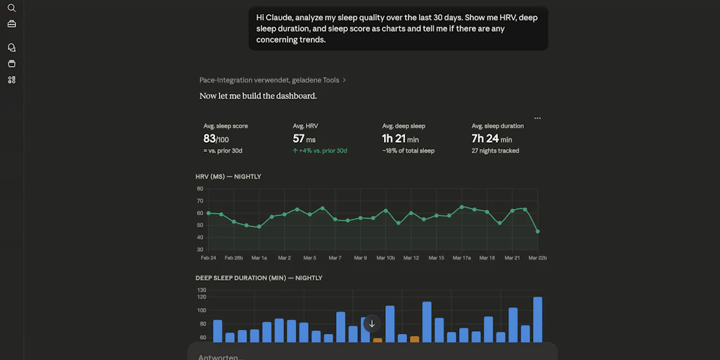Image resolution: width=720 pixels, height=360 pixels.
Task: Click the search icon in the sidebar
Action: [11, 8]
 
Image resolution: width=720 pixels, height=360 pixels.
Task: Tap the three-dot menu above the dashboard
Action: [537, 118]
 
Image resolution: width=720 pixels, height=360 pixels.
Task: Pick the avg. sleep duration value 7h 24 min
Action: [491, 139]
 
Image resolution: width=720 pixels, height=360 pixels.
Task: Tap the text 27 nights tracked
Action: [495, 150]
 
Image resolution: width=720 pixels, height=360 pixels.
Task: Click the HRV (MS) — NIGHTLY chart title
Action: [228, 176]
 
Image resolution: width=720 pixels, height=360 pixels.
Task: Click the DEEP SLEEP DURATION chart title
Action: [259, 278]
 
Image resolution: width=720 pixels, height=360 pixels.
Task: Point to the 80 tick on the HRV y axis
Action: [200, 188]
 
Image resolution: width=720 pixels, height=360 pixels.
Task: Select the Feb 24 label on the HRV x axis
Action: [208, 258]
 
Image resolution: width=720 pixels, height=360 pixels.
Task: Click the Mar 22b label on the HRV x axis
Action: [537, 258]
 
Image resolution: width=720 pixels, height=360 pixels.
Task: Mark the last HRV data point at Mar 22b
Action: [538, 231]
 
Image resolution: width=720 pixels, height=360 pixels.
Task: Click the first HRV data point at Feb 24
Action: [209, 213]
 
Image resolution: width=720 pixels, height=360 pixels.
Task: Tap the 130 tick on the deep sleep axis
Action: [202, 290]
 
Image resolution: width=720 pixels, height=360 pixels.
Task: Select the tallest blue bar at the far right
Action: [538, 320]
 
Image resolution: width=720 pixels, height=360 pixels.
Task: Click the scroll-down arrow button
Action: [372, 324]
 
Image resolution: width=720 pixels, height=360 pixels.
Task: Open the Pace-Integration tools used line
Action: [273, 80]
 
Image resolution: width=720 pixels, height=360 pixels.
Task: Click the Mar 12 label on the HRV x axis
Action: [411, 258]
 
